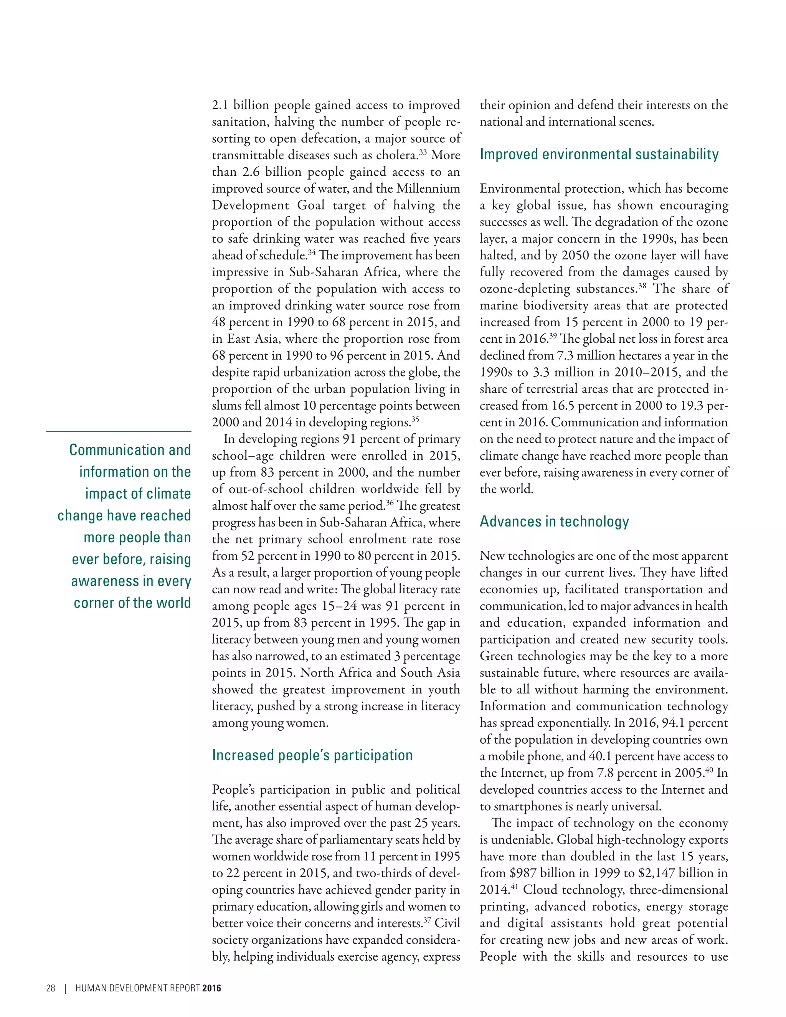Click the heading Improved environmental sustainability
[x=599, y=155]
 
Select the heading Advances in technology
[x=554, y=522]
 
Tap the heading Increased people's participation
[x=312, y=755]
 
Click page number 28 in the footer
[x=51, y=988]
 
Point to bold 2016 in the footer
[x=211, y=988]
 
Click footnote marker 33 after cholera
[x=423, y=152]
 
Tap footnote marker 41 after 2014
[x=514, y=887]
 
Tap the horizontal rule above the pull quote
[x=119, y=431]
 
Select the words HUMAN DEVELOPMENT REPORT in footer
[x=137, y=988]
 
